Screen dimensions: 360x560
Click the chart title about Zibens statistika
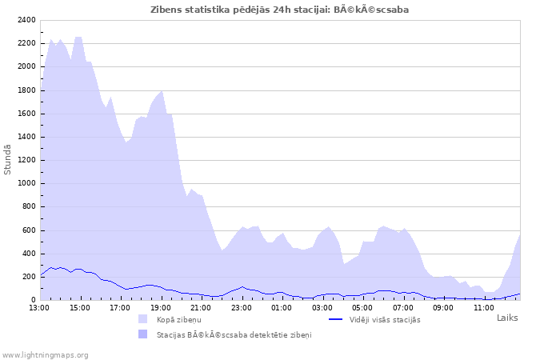pos(280,10)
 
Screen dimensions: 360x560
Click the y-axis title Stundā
pos(8,159)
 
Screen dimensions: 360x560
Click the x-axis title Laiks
pos(507,318)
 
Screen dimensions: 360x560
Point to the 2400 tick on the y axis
pos(26,20)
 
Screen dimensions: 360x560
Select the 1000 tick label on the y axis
pos(26,183)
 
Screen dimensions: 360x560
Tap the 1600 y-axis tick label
pos(26,114)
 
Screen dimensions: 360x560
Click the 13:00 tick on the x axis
pos(39,307)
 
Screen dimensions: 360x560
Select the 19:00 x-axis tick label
pos(161,307)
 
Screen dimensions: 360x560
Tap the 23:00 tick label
pos(242,307)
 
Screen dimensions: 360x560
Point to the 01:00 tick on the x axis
pos(282,307)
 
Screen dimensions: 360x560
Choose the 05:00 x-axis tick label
pos(362,307)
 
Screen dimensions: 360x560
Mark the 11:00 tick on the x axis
pos(483,307)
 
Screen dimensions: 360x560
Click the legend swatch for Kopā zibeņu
pos(143,319)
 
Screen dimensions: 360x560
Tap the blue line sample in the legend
pos(336,319)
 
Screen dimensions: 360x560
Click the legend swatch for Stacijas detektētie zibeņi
pos(143,334)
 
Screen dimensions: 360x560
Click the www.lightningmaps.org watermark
pos(45,354)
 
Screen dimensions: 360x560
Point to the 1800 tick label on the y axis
pos(26,90)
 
